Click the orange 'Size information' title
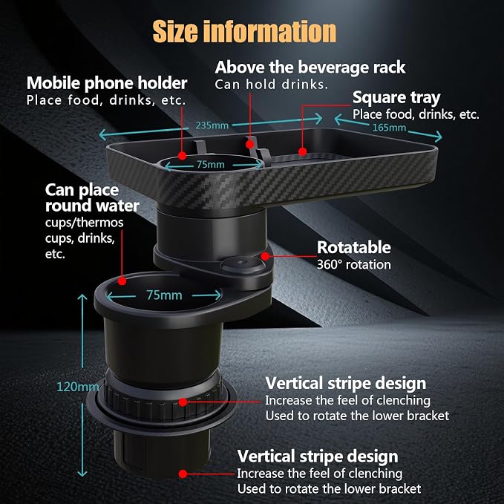tap(244, 31)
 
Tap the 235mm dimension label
tap(212, 125)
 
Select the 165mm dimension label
tap(389, 128)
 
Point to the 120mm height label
tap(78, 387)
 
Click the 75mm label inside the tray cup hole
tap(211, 165)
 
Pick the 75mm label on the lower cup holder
tap(164, 295)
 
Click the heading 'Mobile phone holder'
tap(107, 83)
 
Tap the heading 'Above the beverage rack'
tap(310, 68)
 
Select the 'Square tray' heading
tap(396, 98)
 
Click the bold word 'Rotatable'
tap(354, 247)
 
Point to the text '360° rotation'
tap(354, 264)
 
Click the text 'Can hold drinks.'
tap(271, 85)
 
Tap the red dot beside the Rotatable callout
tap(265, 256)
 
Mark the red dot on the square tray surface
tap(302, 151)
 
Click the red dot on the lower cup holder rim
tap(122, 281)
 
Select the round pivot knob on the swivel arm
tap(242, 264)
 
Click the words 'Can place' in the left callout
tap(82, 190)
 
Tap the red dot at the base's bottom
tap(183, 474)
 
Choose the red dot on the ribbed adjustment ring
tap(183, 402)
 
